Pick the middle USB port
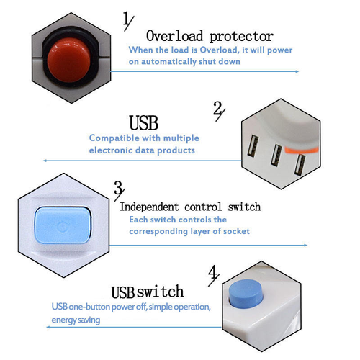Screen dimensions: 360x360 point(276,155)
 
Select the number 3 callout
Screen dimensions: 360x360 point(119,189)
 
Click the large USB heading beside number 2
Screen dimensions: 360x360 point(143,121)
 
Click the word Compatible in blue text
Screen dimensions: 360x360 point(111,138)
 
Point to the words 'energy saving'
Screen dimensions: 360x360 point(76,319)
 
